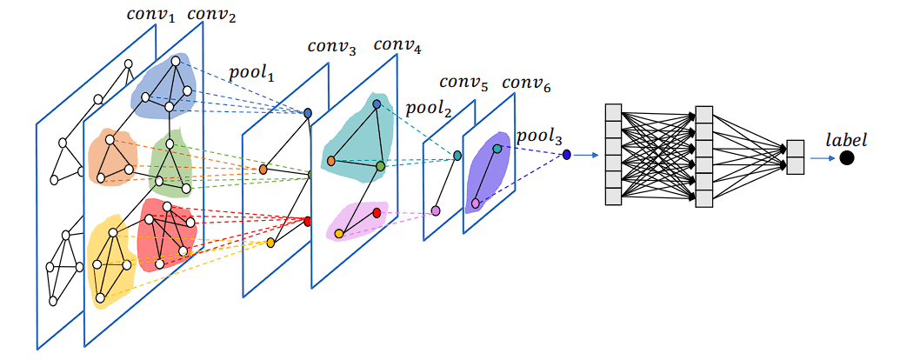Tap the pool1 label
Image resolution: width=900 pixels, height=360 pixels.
251,75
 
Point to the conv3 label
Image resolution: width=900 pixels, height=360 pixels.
331,48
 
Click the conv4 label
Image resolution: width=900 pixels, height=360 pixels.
397,46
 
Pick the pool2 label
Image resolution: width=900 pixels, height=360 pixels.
426,109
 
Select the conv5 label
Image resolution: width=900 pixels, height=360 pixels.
463,84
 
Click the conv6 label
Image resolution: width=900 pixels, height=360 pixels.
526,84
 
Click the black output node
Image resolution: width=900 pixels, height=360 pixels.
846,158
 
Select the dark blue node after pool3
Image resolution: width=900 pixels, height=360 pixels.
566,155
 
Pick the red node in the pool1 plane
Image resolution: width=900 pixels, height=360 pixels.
307,222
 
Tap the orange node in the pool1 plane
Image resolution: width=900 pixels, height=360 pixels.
263,170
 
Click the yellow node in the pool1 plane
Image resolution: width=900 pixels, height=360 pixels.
270,243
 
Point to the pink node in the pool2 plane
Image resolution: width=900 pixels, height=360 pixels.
436,211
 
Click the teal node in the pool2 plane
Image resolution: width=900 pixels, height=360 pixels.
457,156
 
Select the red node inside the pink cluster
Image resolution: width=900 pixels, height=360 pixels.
377,212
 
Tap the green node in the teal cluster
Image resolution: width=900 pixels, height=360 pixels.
380,165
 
